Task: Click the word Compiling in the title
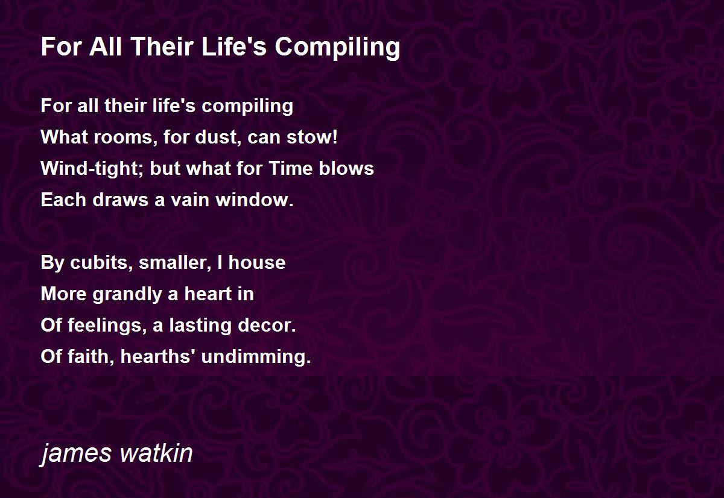pyautogui.click(x=337, y=48)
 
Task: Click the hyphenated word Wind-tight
pyautogui.click(x=93, y=169)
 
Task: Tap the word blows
pyautogui.click(x=346, y=168)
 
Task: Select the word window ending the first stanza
pyautogui.click(x=255, y=200)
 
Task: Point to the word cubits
pyautogui.click(x=101, y=262)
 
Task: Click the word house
pyautogui.click(x=257, y=262)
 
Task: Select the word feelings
pyautogui.click(x=105, y=326)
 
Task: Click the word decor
pyautogui.click(x=267, y=325)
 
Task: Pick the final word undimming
pyautogui.click(x=256, y=357)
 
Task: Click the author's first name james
pyautogui.click(x=76, y=455)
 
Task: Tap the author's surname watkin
pyautogui.click(x=156, y=453)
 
